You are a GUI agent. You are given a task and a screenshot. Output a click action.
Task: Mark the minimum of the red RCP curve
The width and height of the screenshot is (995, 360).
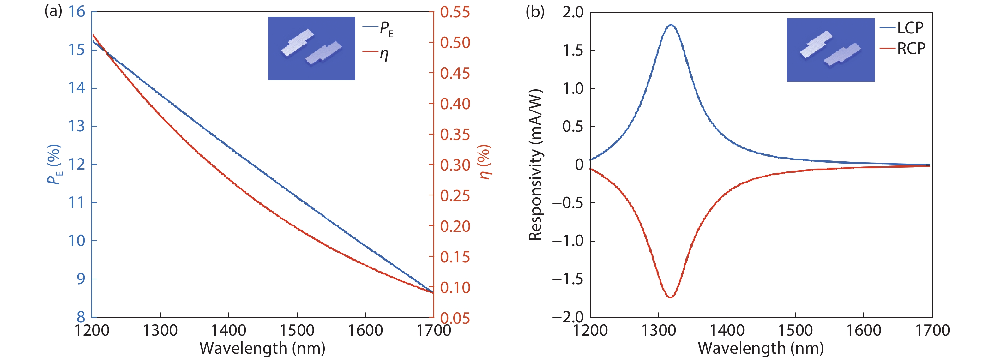[671, 297]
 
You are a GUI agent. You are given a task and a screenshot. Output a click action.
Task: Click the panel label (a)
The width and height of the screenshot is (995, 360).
[53, 12]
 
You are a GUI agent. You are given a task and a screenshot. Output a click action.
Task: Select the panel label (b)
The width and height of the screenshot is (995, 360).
[535, 12]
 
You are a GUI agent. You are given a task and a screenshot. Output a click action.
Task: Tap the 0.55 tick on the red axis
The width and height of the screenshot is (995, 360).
[455, 12]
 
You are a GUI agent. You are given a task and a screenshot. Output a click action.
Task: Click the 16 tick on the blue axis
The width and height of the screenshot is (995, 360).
[76, 12]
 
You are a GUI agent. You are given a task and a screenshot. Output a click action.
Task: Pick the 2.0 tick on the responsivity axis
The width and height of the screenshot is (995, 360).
[573, 12]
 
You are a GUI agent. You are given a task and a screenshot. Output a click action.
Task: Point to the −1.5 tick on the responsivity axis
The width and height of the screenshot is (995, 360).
[568, 279]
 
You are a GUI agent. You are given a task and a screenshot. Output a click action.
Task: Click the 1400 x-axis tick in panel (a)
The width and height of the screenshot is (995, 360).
[228, 331]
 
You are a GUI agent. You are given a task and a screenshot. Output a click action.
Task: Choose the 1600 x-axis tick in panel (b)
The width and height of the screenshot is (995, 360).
[864, 331]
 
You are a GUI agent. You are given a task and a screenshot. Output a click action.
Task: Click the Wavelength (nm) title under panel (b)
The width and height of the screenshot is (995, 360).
[761, 348]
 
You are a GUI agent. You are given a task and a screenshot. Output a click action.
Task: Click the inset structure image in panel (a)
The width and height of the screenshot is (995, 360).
[311, 48]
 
